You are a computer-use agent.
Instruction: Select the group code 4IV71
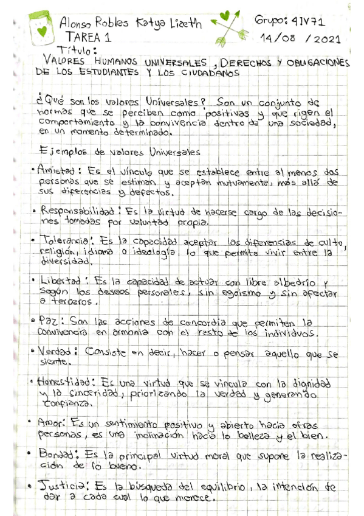pyautogui.click(x=310, y=21)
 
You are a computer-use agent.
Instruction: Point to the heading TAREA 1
pyautogui.click(x=88, y=38)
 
